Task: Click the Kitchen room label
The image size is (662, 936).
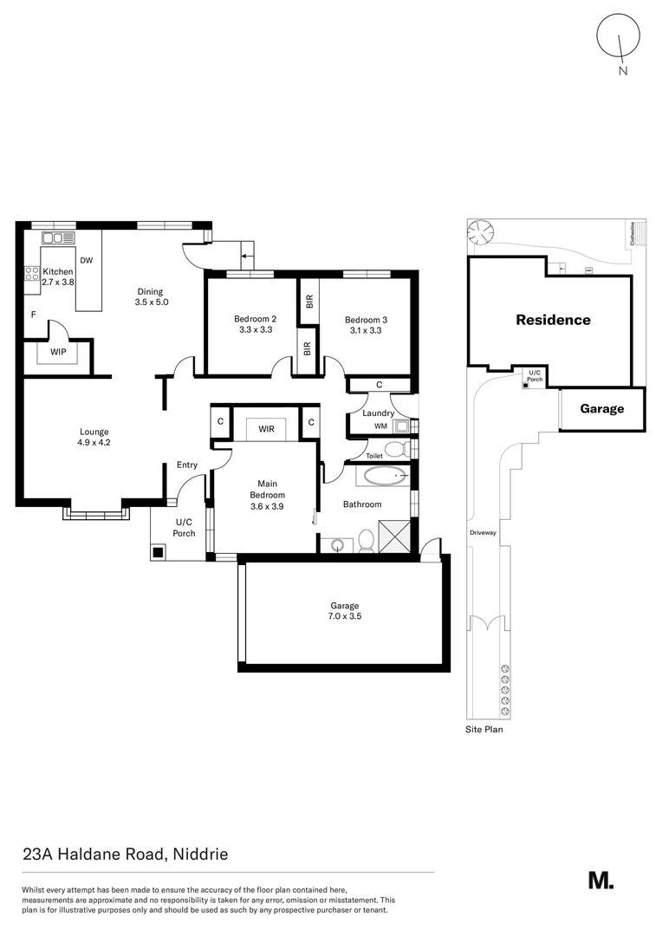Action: point(58,271)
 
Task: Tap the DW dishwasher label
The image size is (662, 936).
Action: point(87,260)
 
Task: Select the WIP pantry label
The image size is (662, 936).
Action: point(58,352)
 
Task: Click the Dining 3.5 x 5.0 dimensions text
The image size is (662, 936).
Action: point(152,302)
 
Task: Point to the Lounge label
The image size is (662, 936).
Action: point(94,432)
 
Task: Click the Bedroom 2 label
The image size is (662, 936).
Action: point(256,319)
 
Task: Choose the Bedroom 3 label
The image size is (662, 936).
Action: point(366,320)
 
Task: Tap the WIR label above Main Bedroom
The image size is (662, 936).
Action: point(266,429)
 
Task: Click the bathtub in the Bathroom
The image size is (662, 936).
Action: point(385,477)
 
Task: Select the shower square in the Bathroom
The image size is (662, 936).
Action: point(394,536)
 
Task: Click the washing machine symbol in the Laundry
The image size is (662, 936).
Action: point(400,426)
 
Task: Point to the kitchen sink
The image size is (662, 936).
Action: point(58,238)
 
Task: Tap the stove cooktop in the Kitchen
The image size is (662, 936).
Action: point(32,274)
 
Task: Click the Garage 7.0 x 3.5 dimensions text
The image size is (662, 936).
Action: point(345,616)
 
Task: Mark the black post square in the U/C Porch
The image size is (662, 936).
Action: point(157,552)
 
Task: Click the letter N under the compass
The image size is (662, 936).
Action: point(623,71)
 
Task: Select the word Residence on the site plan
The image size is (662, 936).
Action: point(554,320)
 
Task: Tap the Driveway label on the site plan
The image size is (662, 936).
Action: point(483,532)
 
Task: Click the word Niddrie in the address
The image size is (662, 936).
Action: point(200,855)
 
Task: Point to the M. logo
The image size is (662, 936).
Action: point(601,881)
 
